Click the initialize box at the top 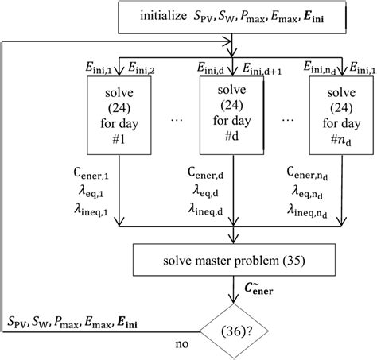tap(231, 17)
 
